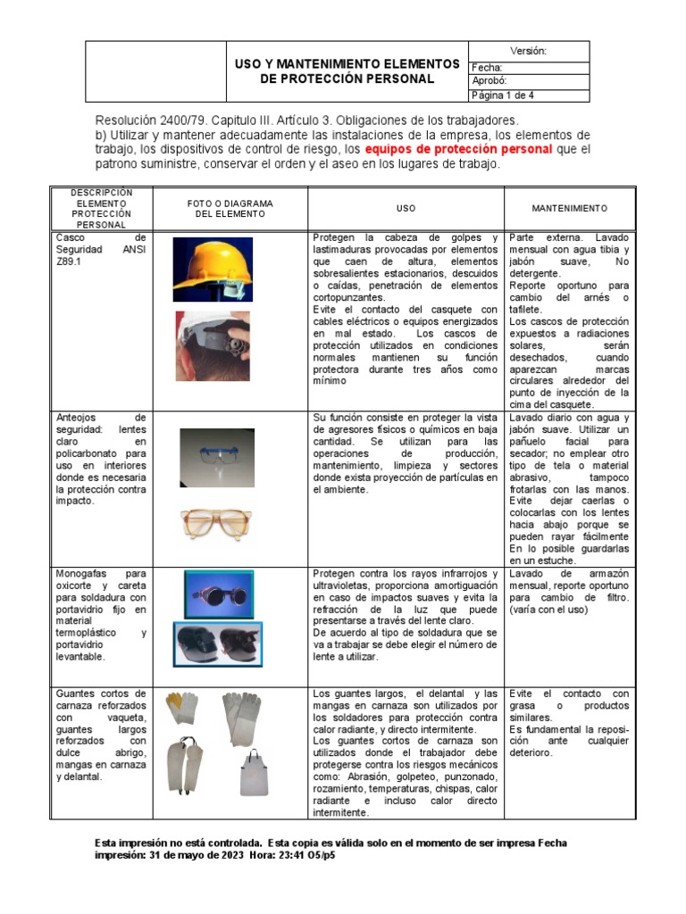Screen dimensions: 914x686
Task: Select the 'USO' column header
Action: click(406, 208)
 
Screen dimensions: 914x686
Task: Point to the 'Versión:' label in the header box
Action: click(528, 51)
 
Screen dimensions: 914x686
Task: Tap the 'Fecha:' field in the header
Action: click(487, 68)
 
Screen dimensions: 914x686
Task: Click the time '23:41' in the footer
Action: click(288, 854)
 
